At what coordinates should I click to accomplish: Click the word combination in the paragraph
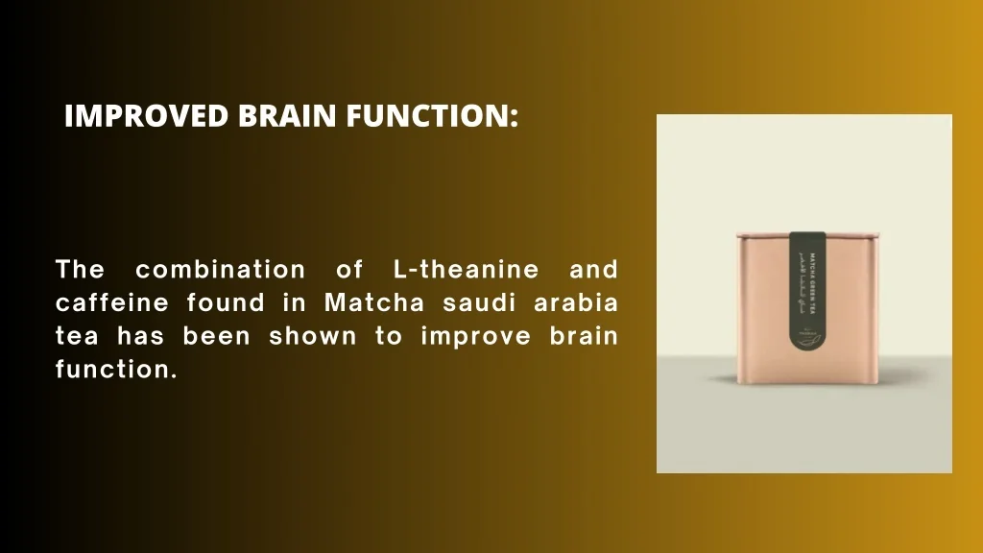[x=221, y=269]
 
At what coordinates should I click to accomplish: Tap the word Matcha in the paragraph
[x=374, y=303]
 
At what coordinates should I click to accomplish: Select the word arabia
[x=576, y=303]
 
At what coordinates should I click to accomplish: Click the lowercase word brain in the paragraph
[x=585, y=337]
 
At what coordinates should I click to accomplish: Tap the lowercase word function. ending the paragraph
[x=116, y=371]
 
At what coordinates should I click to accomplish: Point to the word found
[x=226, y=303]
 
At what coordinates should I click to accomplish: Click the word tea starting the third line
[x=77, y=337]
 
